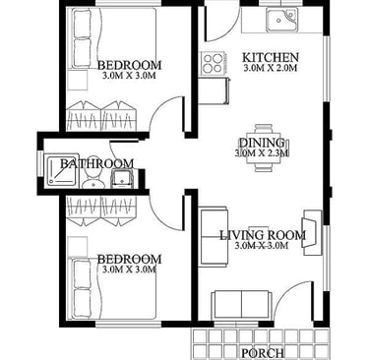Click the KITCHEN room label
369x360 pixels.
(271, 57)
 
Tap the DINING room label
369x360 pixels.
(262, 143)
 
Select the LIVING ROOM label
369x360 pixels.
(263, 235)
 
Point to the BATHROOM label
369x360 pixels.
(97, 163)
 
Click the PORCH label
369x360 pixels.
(263, 353)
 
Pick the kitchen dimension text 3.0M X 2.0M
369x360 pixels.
(271, 68)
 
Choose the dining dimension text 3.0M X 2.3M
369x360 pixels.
(262, 152)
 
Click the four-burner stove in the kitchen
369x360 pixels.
(213, 63)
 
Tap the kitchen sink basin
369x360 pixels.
(281, 20)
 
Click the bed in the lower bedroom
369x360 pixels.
(112, 288)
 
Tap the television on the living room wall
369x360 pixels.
(311, 232)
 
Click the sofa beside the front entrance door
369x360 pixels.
(242, 304)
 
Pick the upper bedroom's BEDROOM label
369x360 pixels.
(129, 65)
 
